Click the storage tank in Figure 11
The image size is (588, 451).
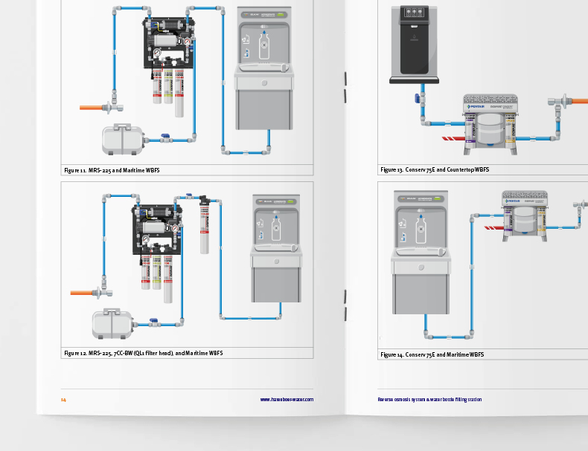coord(122,139)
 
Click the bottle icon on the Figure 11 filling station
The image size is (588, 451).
coord(263,45)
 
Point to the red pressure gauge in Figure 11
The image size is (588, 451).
coord(188,42)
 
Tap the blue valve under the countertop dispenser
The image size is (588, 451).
coord(418,97)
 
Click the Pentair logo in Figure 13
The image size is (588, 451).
coord(476,107)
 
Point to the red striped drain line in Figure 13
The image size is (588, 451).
coord(452,138)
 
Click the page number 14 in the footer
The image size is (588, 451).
coord(63,399)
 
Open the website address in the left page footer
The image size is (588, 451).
coord(287,399)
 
